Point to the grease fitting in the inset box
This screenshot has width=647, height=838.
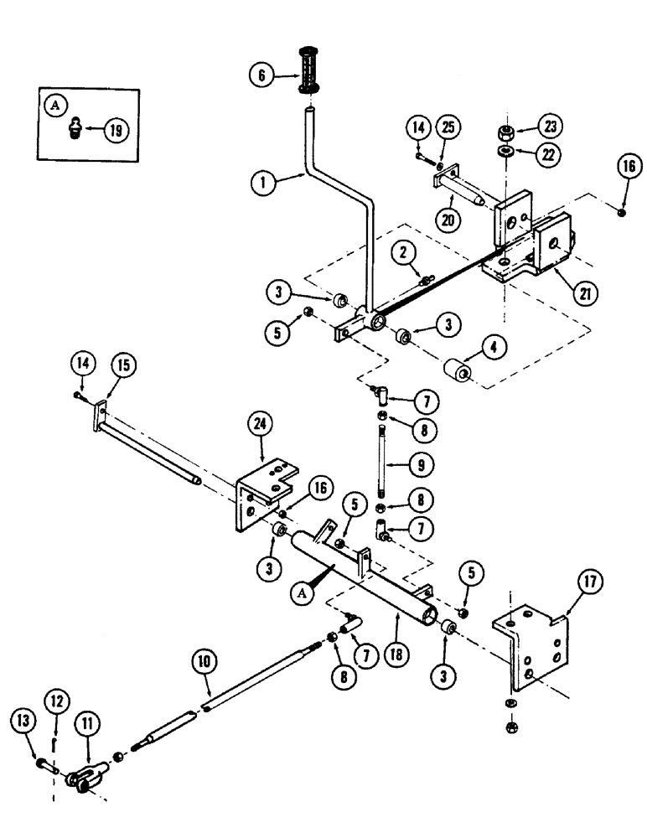75,128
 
